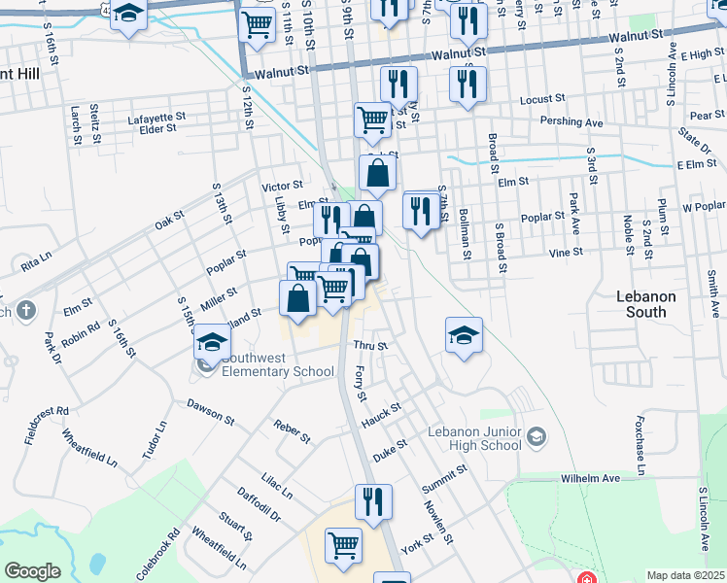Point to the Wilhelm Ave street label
[590, 479]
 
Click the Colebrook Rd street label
[158, 554]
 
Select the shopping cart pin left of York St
[343, 547]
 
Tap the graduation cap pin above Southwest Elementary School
[211, 342]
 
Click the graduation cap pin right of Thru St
[465, 336]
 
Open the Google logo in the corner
[32, 571]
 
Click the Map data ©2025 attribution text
[685, 575]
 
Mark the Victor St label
[282, 185]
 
